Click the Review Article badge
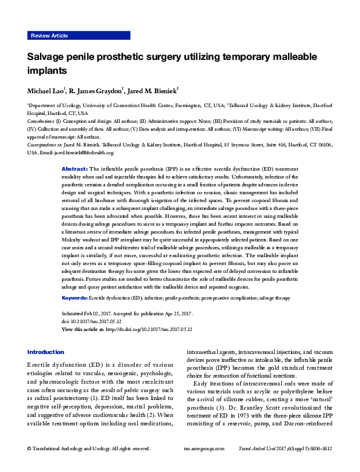(x=49, y=36)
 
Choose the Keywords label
(x=76, y=298)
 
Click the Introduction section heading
(x=45, y=352)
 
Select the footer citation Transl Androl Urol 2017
(x=266, y=465)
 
